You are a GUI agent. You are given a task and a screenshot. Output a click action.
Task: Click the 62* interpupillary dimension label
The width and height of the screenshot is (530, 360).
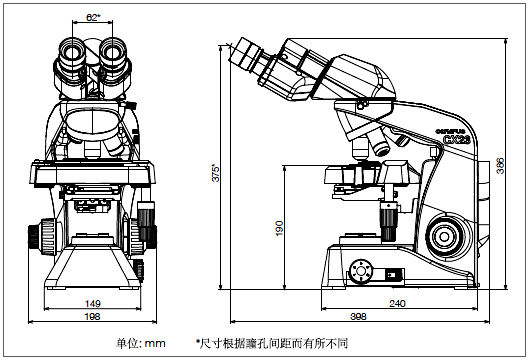tap(93, 17)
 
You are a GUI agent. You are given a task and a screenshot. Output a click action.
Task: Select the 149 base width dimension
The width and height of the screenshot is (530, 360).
tap(93, 303)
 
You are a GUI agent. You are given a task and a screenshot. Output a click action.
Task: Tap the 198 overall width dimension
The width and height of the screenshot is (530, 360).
tap(92, 316)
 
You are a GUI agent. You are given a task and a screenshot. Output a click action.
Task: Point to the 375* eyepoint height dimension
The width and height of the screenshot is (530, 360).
tap(216, 173)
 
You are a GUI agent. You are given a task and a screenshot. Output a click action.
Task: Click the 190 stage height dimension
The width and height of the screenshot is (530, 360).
tap(279, 228)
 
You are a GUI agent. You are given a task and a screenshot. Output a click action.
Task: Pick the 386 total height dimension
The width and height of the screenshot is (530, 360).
tap(500, 166)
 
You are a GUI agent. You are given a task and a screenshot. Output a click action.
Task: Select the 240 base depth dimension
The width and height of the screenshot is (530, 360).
tap(398, 303)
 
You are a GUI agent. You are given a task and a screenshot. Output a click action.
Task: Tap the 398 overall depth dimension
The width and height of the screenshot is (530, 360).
tap(358, 316)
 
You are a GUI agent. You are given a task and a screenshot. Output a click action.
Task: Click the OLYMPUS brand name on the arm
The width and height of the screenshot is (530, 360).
tap(450, 131)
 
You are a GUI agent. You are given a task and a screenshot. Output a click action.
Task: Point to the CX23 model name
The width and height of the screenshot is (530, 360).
tap(457, 139)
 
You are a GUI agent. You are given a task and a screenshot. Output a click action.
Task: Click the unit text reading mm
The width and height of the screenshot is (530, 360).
tap(155, 344)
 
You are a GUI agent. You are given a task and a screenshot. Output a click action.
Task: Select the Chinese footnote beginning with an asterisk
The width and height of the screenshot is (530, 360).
tap(272, 343)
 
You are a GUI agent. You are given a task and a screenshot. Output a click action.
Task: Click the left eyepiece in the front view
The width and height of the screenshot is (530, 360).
tap(72, 54)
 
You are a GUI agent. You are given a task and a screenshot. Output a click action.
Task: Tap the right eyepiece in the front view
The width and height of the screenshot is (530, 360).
tap(113, 53)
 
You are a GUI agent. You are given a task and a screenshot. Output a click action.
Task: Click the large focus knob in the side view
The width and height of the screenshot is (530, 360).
tap(444, 237)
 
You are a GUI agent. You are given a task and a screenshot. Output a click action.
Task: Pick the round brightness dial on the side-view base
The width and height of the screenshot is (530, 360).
tap(361, 271)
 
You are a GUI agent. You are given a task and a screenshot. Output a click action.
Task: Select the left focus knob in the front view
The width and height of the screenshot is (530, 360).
tap(41, 236)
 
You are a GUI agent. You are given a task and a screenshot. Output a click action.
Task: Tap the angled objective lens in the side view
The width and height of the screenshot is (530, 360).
tap(380, 143)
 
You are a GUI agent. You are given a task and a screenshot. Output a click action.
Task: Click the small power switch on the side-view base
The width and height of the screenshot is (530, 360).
tap(391, 275)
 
